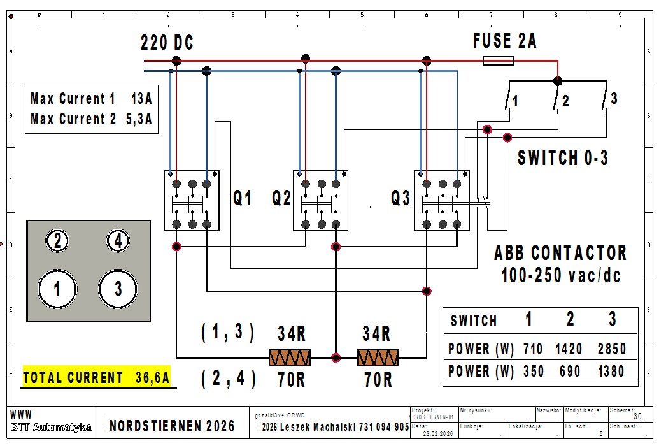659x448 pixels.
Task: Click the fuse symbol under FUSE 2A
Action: pyautogui.click(x=499, y=61)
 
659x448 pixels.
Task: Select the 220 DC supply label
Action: pyautogui.click(x=167, y=43)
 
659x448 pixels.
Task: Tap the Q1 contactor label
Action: pyautogui.click(x=243, y=199)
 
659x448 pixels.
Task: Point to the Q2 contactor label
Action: pyautogui.click(x=281, y=199)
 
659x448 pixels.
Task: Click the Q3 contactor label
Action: pyautogui.click(x=400, y=199)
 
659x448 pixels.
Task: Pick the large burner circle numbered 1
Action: pyautogui.click(x=57, y=289)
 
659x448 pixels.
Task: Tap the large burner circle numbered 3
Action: pyautogui.click(x=118, y=289)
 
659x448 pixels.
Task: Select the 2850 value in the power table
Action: pyautogui.click(x=611, y=349)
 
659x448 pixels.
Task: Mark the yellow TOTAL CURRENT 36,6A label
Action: pyautogui.click(x=97, y=378)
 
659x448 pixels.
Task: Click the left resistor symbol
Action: pyautogui.click(x=289, y=358)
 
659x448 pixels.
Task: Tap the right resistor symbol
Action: pyautogui.click(x=378, y=358)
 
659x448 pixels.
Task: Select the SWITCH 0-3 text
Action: pyautogui.click(x=563, y=158)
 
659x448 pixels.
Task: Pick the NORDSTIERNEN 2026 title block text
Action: pyautogui.click(x=172, y=426)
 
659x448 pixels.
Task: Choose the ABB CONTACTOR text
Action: pyautogui.click(x=560, y=253)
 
